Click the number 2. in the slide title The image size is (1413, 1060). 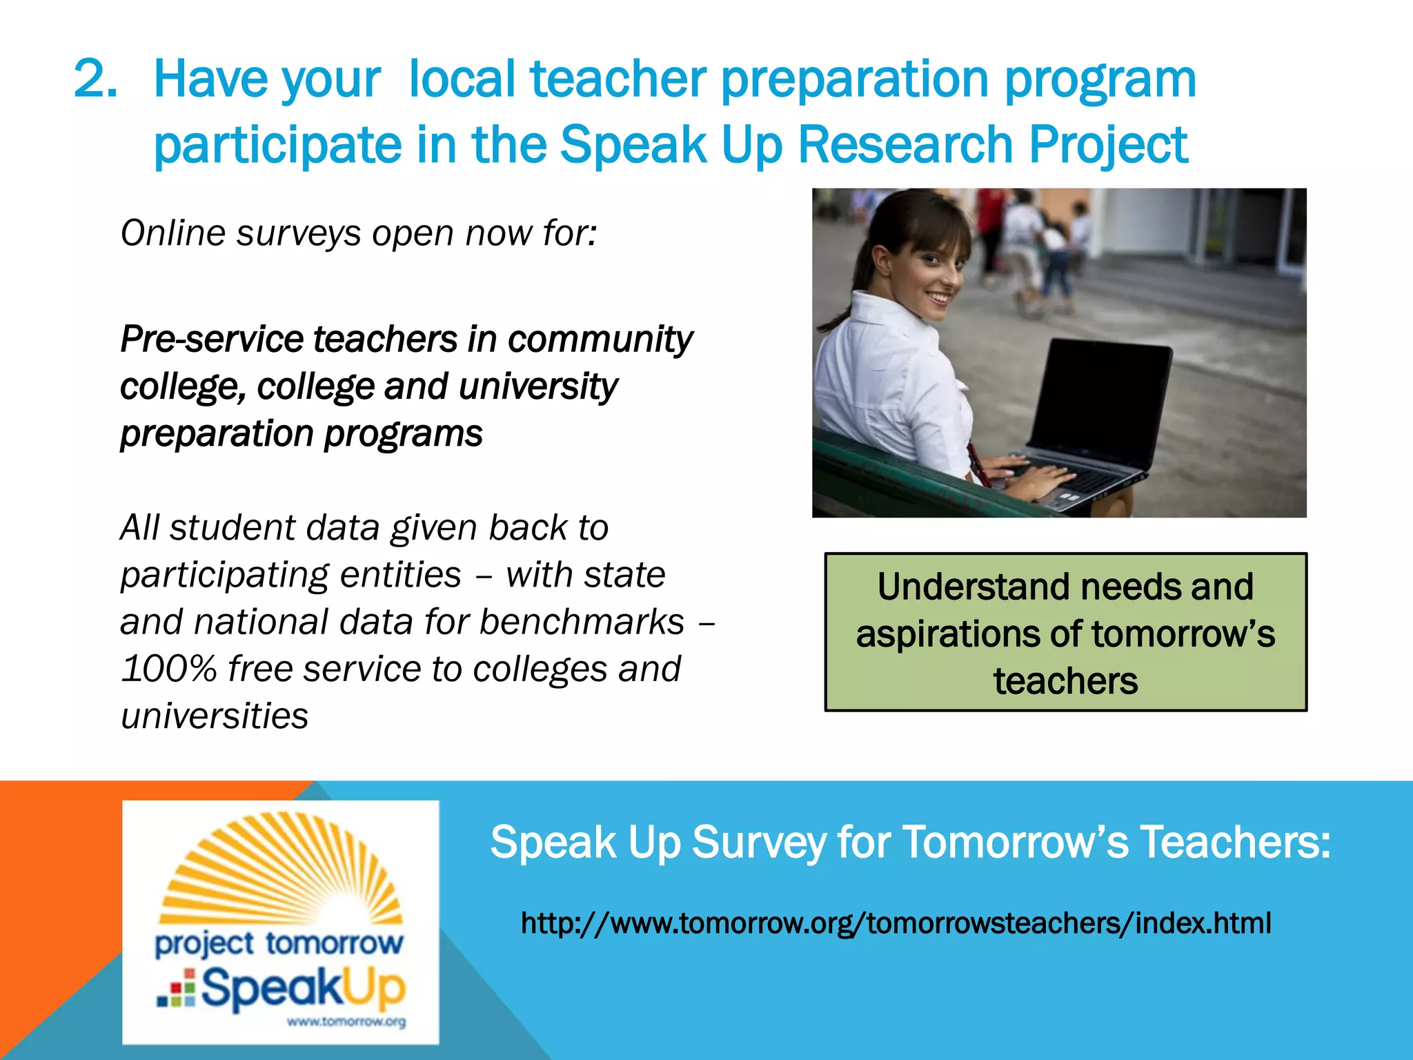(x=95, y=79)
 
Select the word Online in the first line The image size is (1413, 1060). (x=173, y=233)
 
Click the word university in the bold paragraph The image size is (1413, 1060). (x=537, y=387)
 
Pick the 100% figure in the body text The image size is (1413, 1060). (x=168, y=669)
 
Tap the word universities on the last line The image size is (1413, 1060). (x=215, y=716)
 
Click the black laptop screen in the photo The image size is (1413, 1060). (x=1097, y=400)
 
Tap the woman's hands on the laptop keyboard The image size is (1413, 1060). (x=1028, y=475)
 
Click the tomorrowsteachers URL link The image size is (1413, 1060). (x=896, y=923)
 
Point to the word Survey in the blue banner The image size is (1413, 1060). (x=758, y=843)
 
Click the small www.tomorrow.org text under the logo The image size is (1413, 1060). (x=346, y=1022)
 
